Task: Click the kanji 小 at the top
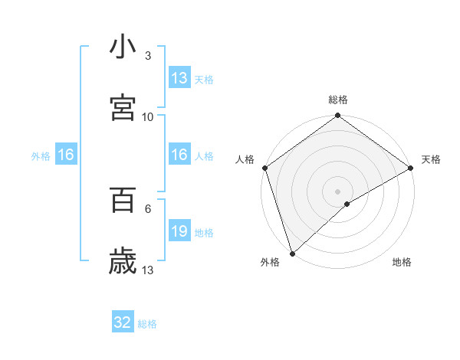[123, 48]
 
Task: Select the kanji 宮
[123, 108]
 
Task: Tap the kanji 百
[123, 200]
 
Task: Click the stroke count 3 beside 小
[148, 57]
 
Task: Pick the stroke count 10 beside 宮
[148, 116]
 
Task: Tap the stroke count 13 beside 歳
[148, 269]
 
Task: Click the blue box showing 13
[179, 78]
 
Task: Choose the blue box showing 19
[179, 231]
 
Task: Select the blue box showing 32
[123, 323]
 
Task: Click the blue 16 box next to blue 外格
[66, 155]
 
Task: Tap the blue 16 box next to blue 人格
[179, 155]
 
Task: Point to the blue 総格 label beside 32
[147, 324]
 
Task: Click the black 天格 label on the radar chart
[431, 159]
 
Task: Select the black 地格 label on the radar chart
[402, 263]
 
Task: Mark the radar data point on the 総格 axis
[337, 116]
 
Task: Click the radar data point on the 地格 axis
[347, 204]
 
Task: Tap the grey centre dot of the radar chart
[337, 191]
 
